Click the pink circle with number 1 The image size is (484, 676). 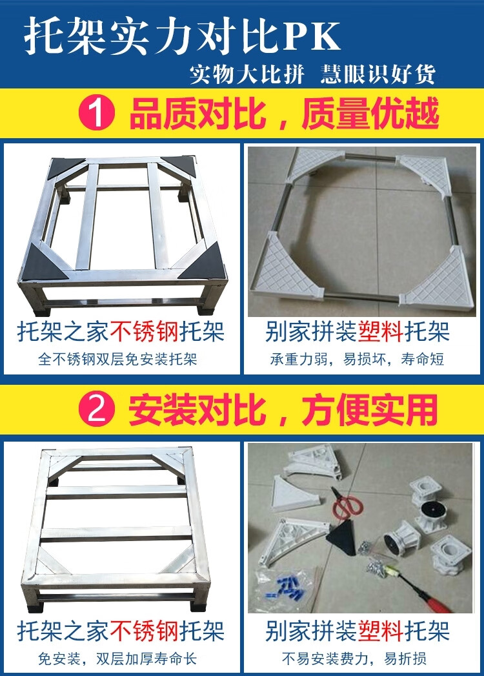(x=97, y=113)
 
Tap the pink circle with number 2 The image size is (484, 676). (x=97, y=409)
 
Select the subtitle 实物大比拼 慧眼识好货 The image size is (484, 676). (x=313, y=74)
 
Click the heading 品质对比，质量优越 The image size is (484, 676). (x=284, y=113)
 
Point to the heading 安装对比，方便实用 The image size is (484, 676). (x=283, y=409)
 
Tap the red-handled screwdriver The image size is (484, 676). (x=418, y=588)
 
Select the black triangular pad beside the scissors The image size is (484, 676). (x=342, y=537)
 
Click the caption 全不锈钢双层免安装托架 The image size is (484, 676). (x=117, y=359)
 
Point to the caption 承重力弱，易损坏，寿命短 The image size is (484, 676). (x=357, y=359)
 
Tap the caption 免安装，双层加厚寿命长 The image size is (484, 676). (x=117, y=659)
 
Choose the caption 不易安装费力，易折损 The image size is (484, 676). (x=354, y=659)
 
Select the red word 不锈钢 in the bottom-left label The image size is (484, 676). (x=144, y=631)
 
